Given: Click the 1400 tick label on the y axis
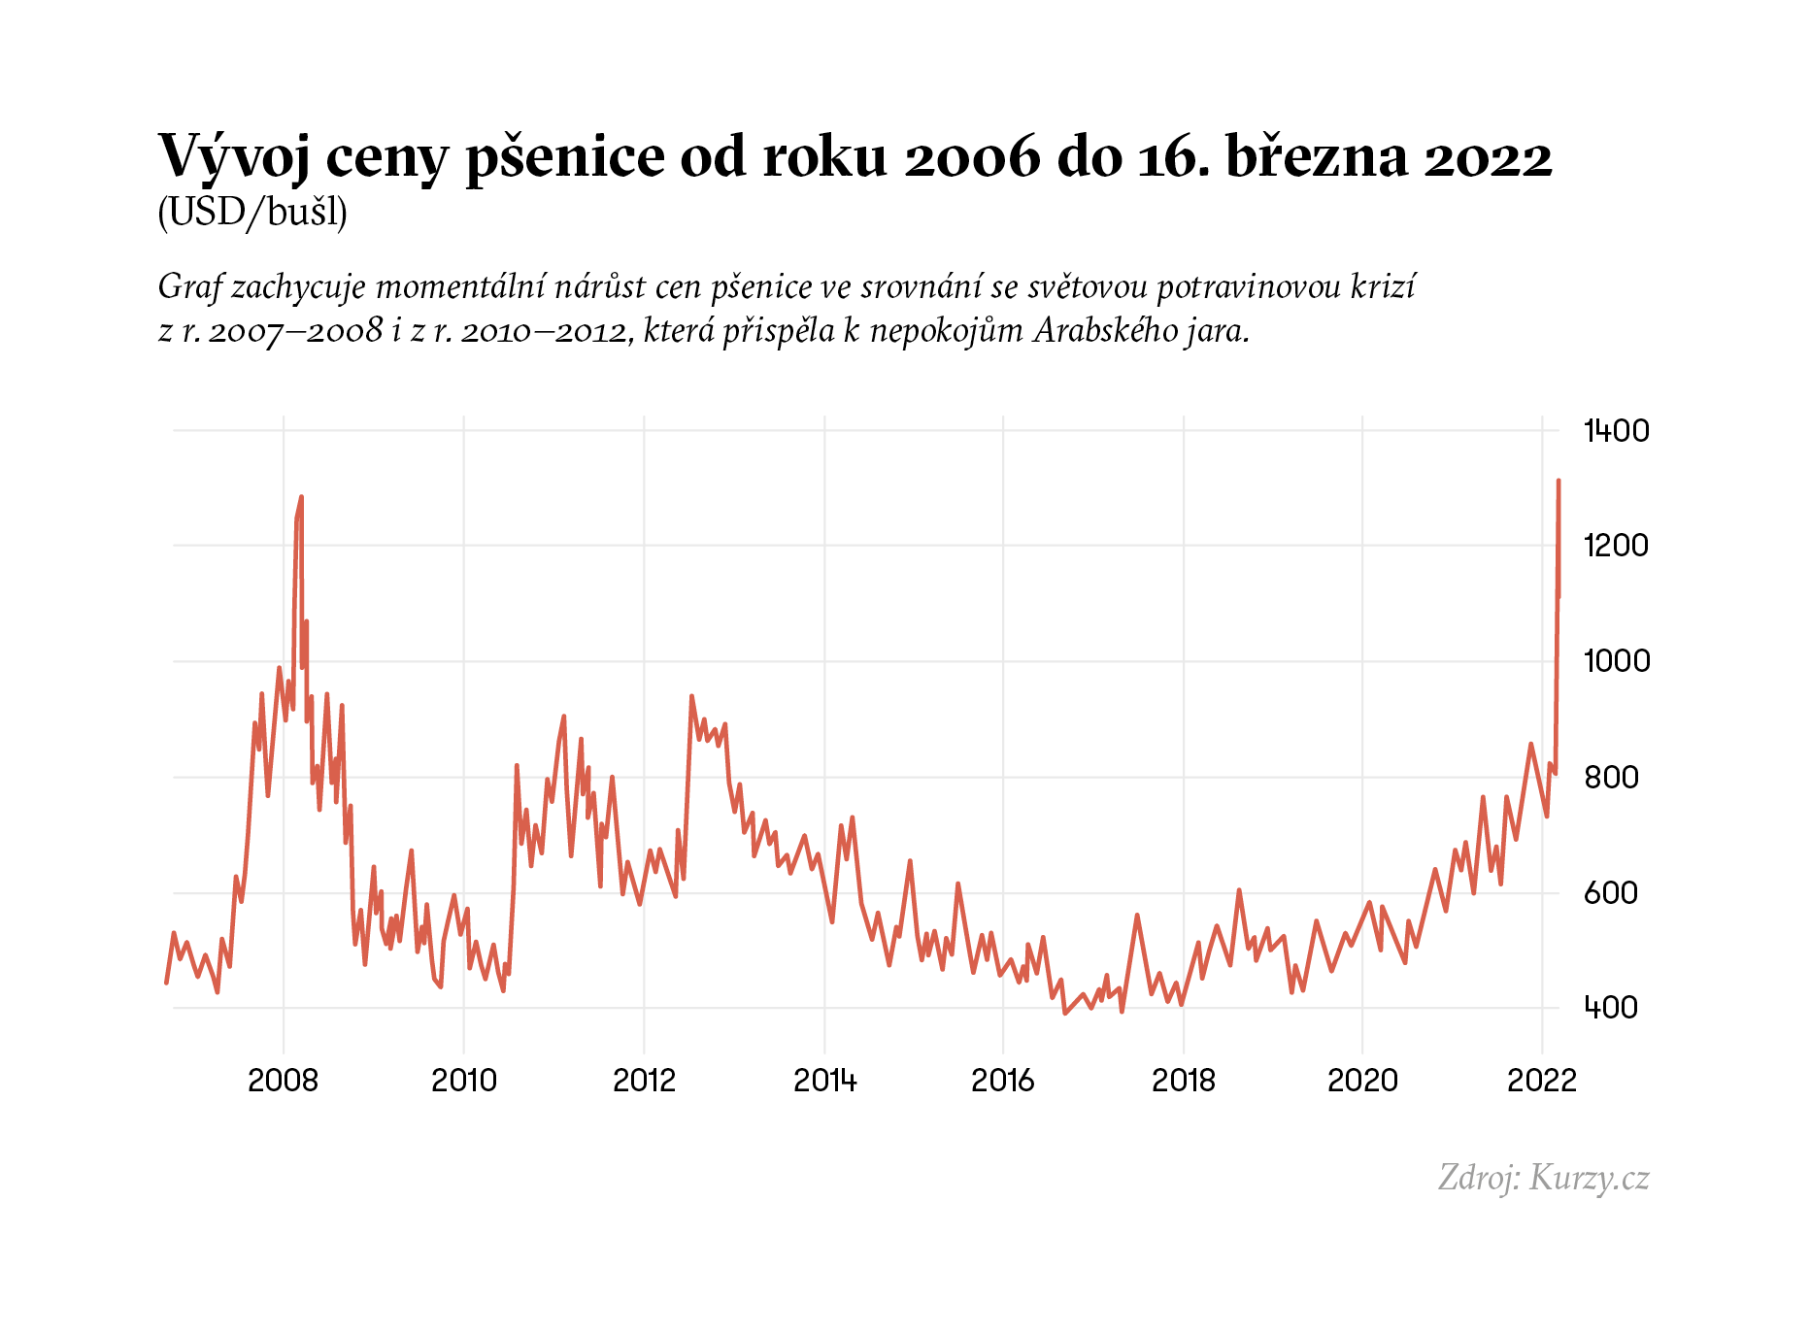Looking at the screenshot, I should click(1616, 430).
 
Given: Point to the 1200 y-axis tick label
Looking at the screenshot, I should click(1616, 546).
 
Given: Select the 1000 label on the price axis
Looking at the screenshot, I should click(1616, 661).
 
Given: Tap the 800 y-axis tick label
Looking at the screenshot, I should click(1611, 777).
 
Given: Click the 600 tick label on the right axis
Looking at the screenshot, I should click(1611, 892).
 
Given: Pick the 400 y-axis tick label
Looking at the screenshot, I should click(1611, 1008).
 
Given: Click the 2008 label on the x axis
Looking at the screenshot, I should click(283, 1081).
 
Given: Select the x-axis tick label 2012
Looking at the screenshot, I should click(644, 1081).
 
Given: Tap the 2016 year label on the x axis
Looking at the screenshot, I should click(1003, 1081).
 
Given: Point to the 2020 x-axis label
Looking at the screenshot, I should click(1362, 1081).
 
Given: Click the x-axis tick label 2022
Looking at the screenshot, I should click(1542, 1081).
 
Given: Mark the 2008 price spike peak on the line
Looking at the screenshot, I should click(301, 497).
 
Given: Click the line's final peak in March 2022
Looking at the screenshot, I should click(1558, 481).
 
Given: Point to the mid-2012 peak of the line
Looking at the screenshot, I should click(691, 696).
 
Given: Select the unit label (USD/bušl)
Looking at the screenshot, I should click(252, 213).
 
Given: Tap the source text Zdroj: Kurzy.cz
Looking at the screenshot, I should click(1543, 1178).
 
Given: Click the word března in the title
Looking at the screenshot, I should click(1317, 157).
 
